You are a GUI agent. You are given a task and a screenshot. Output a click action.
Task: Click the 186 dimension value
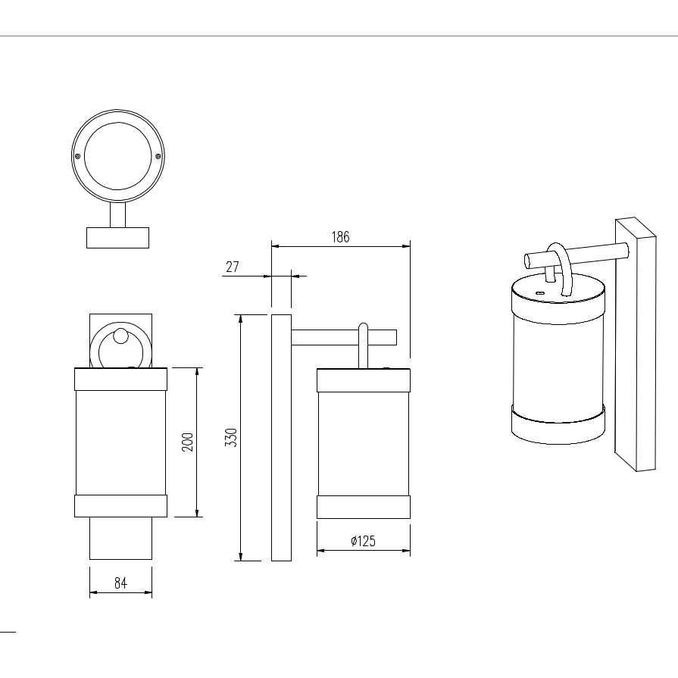click(340, 237)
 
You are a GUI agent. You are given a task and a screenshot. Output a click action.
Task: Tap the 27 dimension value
click(233, 267)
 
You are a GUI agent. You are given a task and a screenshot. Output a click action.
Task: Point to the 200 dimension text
click(187, 442)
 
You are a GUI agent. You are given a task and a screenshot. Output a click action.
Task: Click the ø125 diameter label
click(363, 542)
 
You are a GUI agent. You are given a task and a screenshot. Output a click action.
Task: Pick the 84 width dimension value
click(120, 583)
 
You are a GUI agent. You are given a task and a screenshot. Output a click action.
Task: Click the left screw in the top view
click(77, 156)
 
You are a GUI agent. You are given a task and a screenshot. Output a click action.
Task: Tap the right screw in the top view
click(158, 156)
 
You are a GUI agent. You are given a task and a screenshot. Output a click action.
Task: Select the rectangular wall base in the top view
click(117, 238)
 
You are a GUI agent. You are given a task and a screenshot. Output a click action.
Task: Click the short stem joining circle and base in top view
click(117, 215)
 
